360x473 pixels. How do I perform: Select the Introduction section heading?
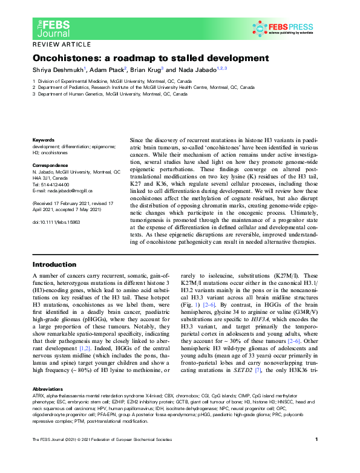(x=54, y=264)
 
